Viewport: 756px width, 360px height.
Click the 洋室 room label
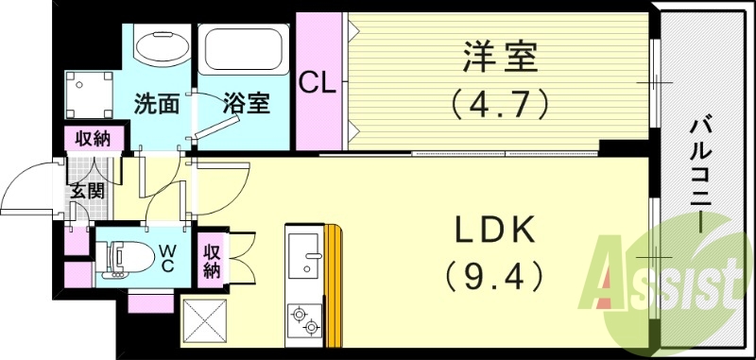click(x=501, y=59)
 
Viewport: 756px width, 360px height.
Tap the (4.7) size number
click(x=501, y=102)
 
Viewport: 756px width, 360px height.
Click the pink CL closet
click(x=318, y=82)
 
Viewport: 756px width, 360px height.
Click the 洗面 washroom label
click(x=156, y=103)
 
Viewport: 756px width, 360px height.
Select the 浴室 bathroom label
click(x=248, y=103)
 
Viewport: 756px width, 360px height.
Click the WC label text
click(x=166, y=257)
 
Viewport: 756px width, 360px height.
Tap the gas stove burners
click(x=306, y=318)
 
